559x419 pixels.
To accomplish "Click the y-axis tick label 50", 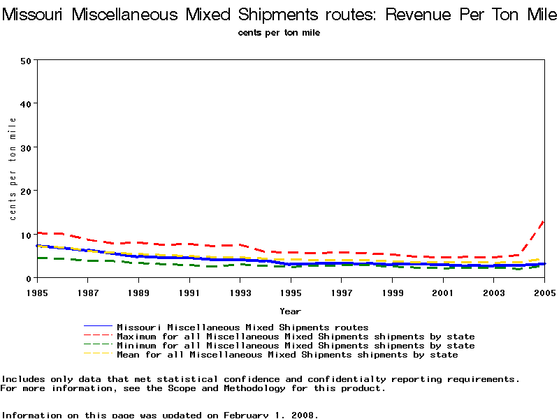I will click(x=27, y=60).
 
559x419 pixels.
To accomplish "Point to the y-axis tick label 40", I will click(x=27, y=103).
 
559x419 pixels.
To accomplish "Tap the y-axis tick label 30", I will click(x=27, y=147).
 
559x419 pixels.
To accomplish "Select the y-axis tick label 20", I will click(x=27, y=191).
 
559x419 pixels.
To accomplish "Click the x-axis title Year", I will click(x=291, y=311).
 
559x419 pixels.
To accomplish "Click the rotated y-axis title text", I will click(x=13, y=168).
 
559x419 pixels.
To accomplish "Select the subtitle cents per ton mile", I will click(x=279, y=33).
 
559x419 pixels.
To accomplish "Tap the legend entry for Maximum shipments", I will click(x=296, y=337).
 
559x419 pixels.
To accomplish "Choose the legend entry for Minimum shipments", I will click(x=296, y=346).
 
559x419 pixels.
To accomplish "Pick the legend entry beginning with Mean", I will click(x=287, y=355).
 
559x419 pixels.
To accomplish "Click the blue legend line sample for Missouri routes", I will click(x=97, y=327).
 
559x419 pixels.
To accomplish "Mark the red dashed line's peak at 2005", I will click(x=544, y=221).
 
